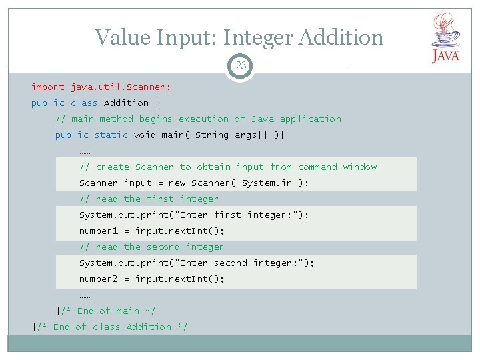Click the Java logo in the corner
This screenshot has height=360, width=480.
click(x=445, y=38)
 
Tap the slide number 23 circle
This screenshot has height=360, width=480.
click(x=240, y=66)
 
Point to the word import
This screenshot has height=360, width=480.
click(x=48, y=87)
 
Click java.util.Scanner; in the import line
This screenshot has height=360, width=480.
click(x=121, y=87)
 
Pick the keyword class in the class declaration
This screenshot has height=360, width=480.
click(x=84, y=103)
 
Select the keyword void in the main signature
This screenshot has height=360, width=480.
click(x=145, y=135)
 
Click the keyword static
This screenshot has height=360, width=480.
click(x=111, y=135)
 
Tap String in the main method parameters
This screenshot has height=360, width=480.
click(x=211, y=135)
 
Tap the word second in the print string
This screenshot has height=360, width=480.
click(x=230, y=263)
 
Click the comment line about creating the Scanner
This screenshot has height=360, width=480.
click(x=228, y=167)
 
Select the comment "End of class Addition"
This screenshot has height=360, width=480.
click(x=113, y=327)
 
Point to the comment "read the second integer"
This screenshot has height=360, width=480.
click(x=151, y=247)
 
